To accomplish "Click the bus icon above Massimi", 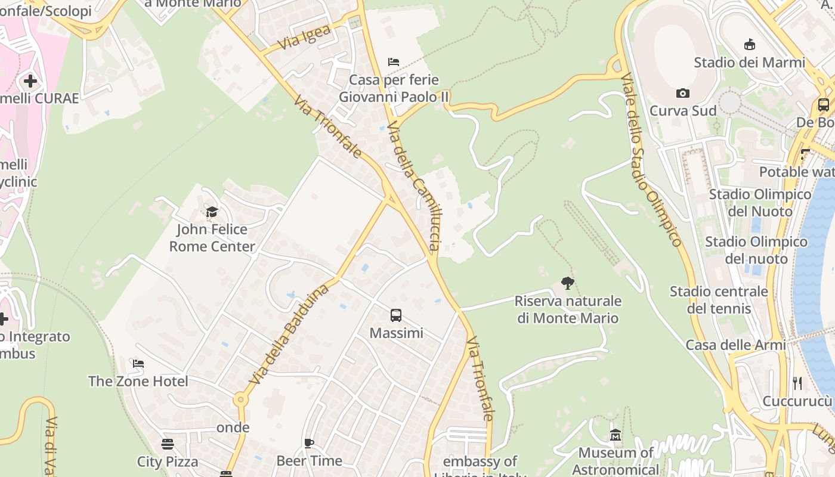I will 396,315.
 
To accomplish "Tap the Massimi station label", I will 397,333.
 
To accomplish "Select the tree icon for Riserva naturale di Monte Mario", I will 568,283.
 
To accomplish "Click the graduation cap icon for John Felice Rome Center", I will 212,212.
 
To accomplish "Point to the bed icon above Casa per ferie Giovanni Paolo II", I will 393,62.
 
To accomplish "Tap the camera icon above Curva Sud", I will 683,93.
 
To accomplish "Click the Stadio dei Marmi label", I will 749,63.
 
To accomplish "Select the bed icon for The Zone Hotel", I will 138,364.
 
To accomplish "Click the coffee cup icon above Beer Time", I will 309,443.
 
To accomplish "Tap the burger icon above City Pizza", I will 168,444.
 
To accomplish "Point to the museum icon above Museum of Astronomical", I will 616,436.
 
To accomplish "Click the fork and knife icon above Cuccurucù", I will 797,383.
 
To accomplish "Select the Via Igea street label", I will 304,38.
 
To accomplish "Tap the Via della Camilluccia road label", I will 414,185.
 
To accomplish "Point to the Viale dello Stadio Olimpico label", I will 651,160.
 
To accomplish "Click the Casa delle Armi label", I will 736,345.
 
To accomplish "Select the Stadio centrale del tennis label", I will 719,300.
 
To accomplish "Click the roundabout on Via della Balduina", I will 240,399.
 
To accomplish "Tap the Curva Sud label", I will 683,111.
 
